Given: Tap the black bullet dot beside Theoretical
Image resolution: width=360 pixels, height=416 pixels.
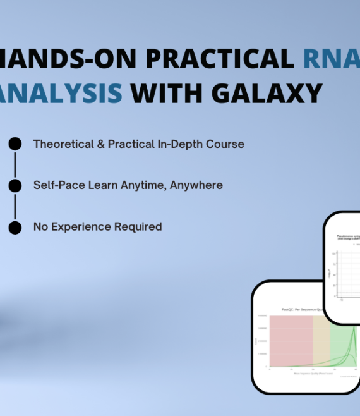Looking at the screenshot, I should tap(15, 144).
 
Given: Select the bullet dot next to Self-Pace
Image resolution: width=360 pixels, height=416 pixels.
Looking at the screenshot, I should tap(15, 185).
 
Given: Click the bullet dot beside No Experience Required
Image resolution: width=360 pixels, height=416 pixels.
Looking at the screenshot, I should tap(15, 227).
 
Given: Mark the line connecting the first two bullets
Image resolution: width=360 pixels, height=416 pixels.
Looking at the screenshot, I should tap(15, 165).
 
